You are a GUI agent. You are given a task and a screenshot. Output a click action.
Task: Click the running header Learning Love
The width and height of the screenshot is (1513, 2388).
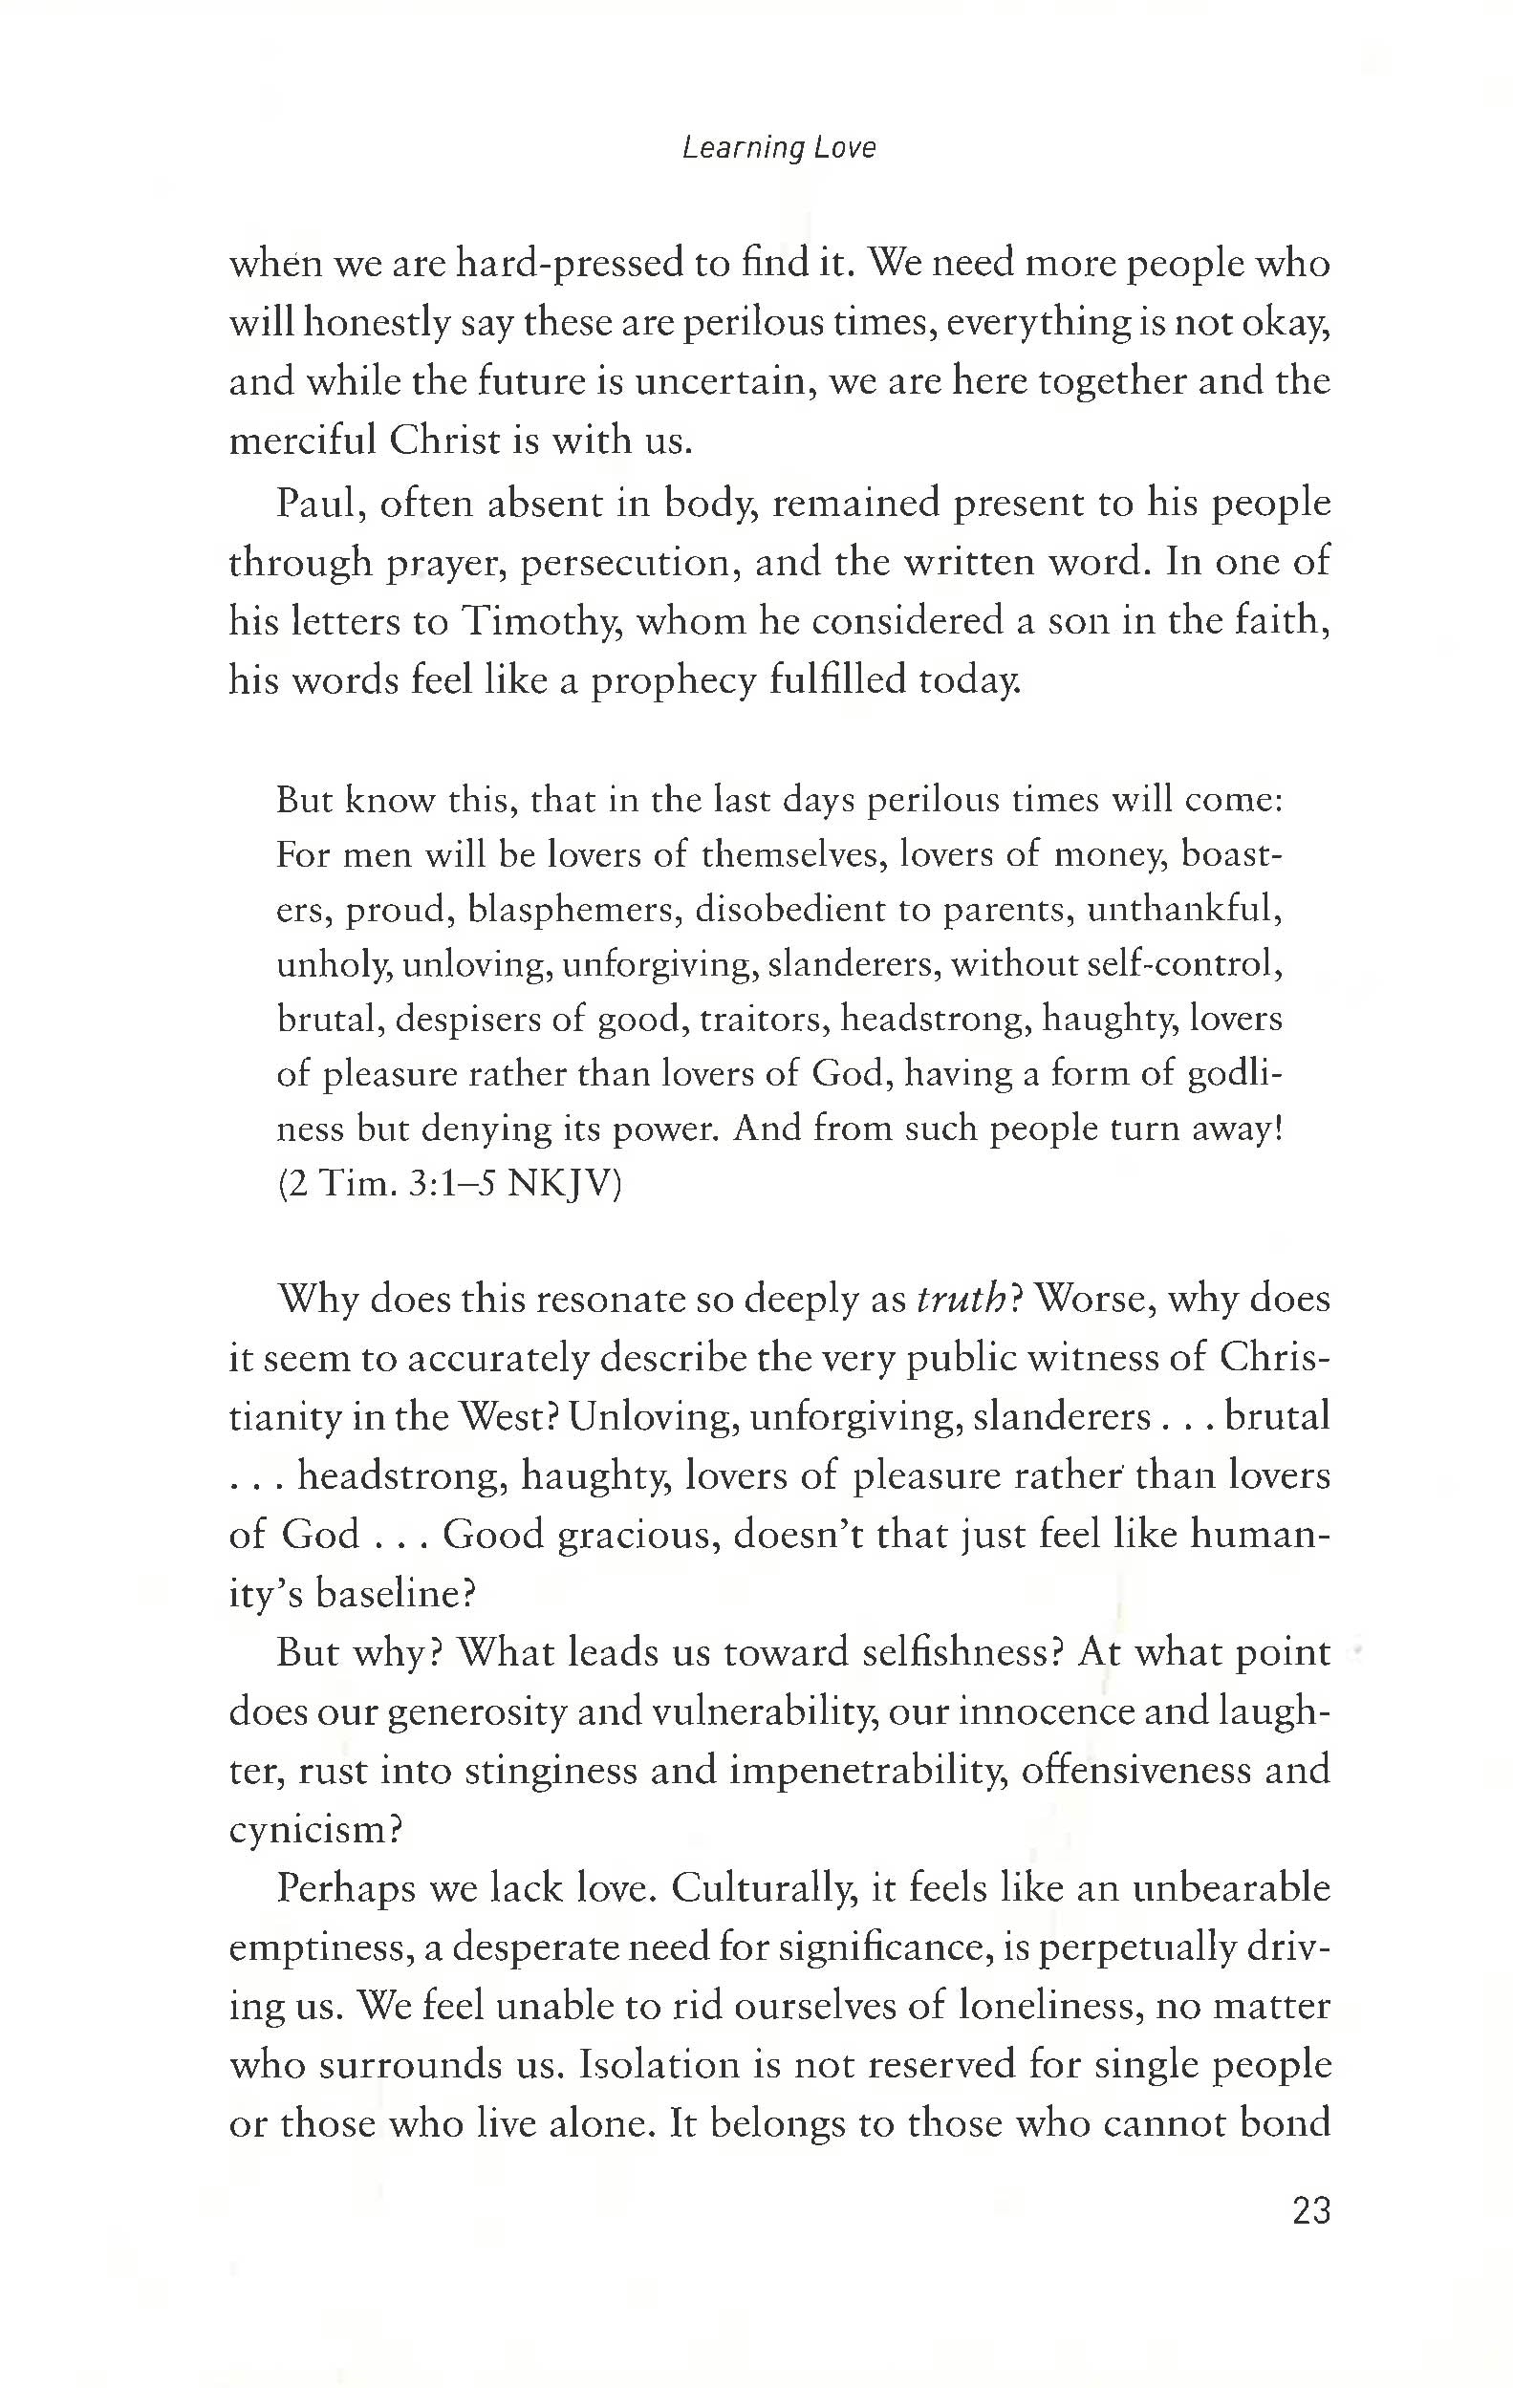click(x=779, y=149)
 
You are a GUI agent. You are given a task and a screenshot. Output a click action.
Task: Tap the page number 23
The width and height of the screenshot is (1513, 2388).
click(x=1310, y=2211)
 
